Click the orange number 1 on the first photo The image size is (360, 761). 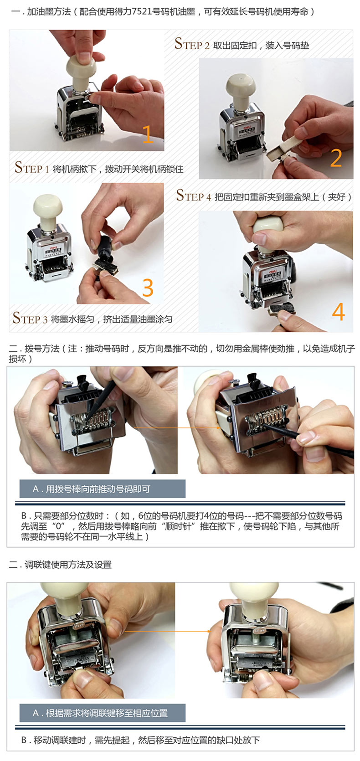click(148, 134)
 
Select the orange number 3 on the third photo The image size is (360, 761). click(148, 288)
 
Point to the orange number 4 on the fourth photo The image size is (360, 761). click(338, 312)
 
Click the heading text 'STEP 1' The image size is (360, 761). click(32, 168)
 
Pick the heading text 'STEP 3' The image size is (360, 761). click(30, 318)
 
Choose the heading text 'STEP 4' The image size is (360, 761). click(194, 195)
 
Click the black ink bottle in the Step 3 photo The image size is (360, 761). click(104, 250)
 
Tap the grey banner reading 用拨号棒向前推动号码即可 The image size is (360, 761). click(102, 489)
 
